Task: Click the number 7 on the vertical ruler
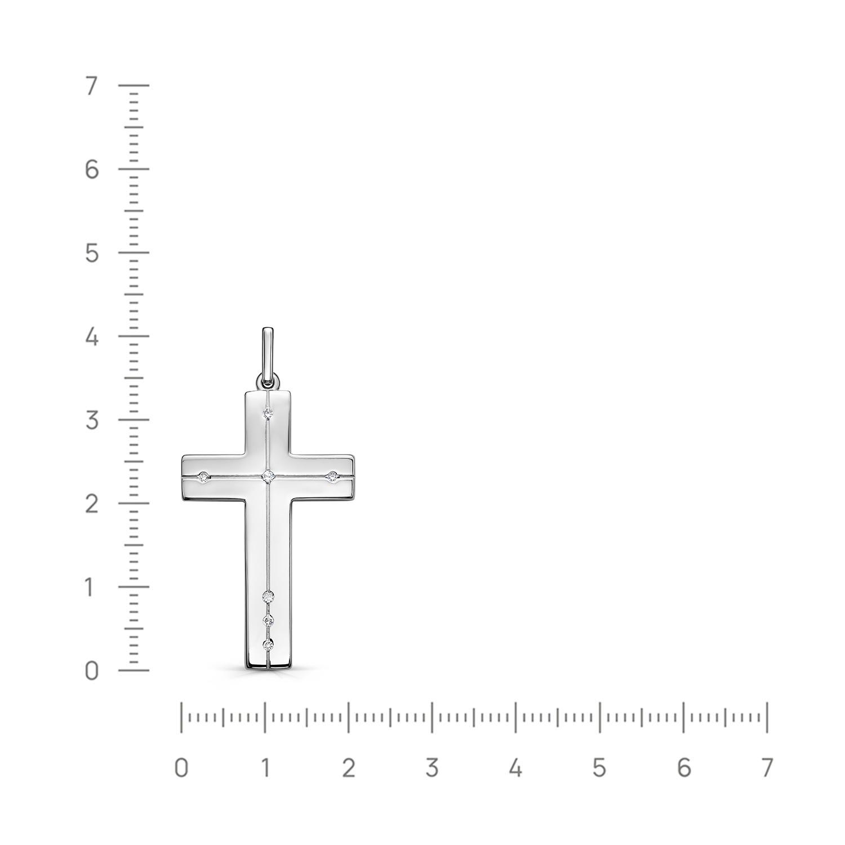pos(91,86)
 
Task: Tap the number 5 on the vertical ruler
pos(91,253)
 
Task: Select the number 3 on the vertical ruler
pos(91,421)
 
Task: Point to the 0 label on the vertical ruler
pos(91,671)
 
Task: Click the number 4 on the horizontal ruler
pos(515,768)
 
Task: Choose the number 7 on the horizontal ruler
pos(767,768)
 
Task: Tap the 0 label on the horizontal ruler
pos(181,768)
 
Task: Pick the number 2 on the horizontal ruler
pos(348,768)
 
